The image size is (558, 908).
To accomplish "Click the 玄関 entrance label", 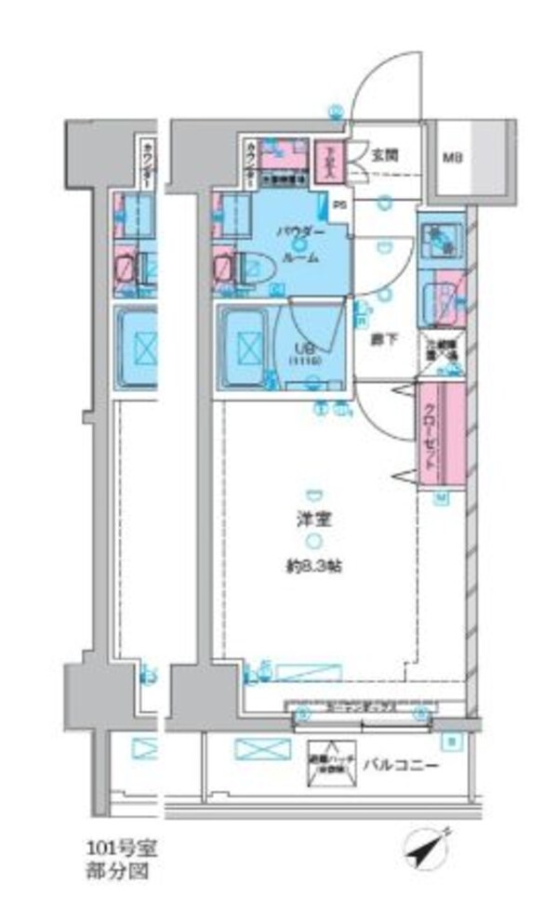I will coord(386,156).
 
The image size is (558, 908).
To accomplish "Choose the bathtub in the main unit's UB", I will coord(246,346).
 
